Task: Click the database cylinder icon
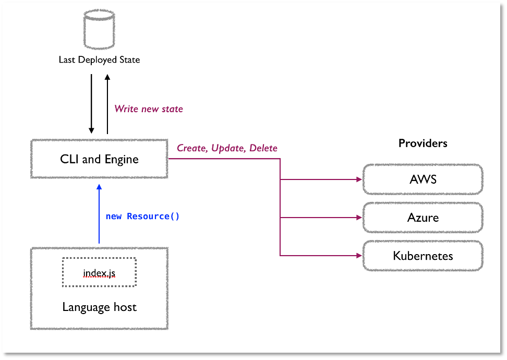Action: point(99,29)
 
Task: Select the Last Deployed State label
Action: point(99,60)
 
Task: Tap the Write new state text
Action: point(149,109)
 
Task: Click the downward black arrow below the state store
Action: point(91,104)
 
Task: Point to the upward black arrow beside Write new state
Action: point(107,104)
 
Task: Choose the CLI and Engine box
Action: point(99,159)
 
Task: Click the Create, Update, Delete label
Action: point(227,148)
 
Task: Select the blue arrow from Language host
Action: point(99,214)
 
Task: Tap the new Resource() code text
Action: point(142,216)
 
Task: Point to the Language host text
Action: point(100,307)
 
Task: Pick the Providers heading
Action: point(423,143)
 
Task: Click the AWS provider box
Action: point(423,179)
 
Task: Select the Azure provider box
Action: point(423,218)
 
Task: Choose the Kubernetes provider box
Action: point(423,256)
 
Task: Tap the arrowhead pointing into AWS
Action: point(359,179)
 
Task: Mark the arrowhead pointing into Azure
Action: point(359,218)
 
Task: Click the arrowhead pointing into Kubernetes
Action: point(359,256)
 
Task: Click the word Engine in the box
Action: point(122,160)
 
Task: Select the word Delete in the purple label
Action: point(263,148)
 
